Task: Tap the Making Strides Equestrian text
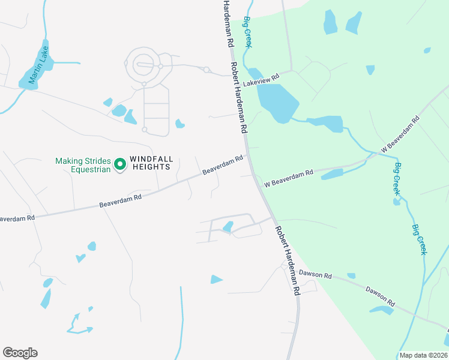coord(83,165)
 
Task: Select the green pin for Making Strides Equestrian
coord(119,163)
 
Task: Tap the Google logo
coord(20,352)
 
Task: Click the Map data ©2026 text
coord(423,355)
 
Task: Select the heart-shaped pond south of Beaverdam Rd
coord(80,259)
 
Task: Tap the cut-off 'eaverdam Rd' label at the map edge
coord(17,218)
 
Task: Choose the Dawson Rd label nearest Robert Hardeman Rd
coord(316,274)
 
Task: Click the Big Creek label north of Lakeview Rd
coord(247,31)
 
